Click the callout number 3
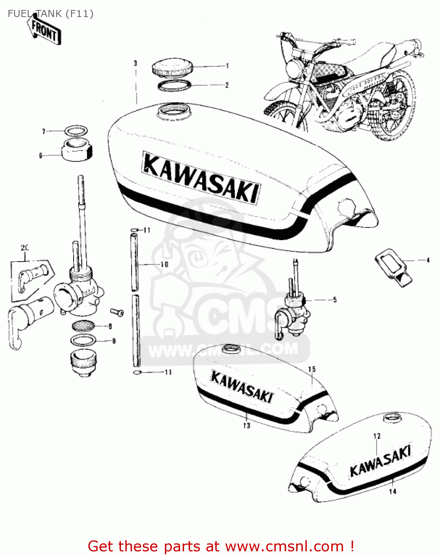click(x=135, y=63)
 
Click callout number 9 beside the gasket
click(x=114, y=341)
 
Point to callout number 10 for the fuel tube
click(x=164, y=264)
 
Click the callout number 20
click(x=24, y=248)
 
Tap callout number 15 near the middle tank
click(x=312, y=369)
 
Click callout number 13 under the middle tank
click(x=247, y=426)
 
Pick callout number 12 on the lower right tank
click(x=377, y=436)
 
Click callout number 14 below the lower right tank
click(x=393, y=491)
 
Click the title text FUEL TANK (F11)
click(x=51, y=14)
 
